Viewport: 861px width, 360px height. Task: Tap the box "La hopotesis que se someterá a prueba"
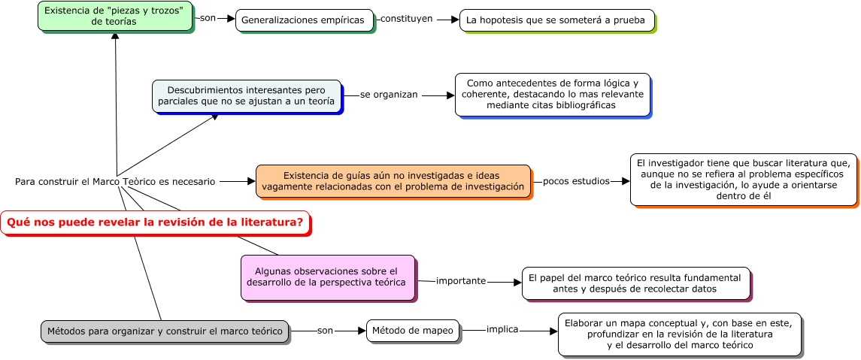[x=556, y=20]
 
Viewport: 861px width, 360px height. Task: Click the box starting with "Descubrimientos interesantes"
[x=247, y=95]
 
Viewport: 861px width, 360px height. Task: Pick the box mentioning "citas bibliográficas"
[x=552, y=94]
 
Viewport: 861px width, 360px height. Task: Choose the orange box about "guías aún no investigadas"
[x=393, y=181]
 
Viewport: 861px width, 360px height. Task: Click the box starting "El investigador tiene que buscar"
[x=743, y=179]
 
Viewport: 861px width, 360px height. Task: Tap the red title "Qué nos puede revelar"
[x=155, y=222]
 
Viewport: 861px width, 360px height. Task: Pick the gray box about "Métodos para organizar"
[x=165, y=331]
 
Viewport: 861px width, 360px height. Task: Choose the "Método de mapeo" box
[x=413, y=331]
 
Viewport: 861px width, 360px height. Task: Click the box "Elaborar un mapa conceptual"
[x=680, y=334]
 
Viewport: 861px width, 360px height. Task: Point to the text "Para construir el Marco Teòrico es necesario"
[x=115, y=181]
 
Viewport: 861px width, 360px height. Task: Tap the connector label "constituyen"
[x=406, y=19]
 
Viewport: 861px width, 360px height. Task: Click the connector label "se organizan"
[x=388, y=95]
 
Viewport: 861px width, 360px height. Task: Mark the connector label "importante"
[x=461, y=281]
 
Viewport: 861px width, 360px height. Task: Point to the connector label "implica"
[x=502, y=329]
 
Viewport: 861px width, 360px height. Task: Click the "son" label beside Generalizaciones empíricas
[x=208, y=18]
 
